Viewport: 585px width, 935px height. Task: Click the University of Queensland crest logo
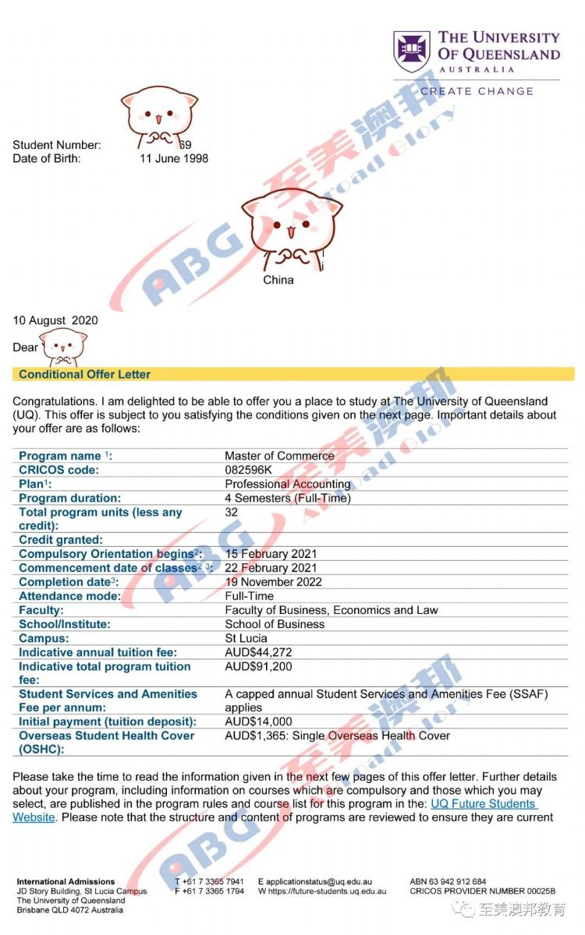tap(411, 51)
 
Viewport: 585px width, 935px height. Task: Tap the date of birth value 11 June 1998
tap(174, 158)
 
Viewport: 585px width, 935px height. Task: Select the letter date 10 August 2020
tap(55, 320)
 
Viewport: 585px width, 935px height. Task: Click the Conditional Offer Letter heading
tap(85, 374)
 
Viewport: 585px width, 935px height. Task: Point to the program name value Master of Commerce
tap(279, 456)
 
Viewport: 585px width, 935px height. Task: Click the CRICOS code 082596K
tap(250, 470)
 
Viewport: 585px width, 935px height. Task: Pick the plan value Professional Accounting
tap(287, 484)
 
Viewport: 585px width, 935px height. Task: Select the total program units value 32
tap(232, 512)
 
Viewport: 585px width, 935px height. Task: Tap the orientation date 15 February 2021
tap(271, 554)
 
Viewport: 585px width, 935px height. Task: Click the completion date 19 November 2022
tap(273, 582)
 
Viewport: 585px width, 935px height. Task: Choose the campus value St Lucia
tap(246, 638)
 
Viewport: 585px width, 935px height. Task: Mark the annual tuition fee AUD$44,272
tap(258, 652)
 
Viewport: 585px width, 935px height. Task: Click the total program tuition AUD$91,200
tap(258, 666)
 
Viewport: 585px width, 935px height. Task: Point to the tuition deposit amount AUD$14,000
tap(258, 722)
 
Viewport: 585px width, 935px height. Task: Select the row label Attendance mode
tap(69, 596)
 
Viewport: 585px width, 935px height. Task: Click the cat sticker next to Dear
tap(63, 347)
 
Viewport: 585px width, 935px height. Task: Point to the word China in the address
tap(278, 280)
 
